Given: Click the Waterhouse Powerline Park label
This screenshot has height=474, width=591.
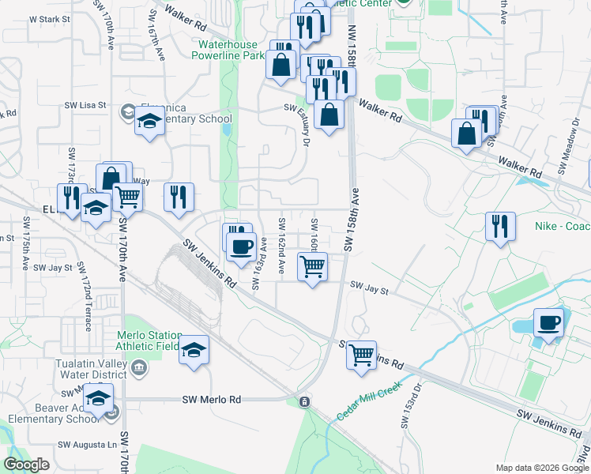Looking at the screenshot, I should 231,51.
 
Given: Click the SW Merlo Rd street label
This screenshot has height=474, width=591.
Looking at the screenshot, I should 211,401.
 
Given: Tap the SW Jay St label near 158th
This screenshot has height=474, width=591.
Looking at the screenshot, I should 370,290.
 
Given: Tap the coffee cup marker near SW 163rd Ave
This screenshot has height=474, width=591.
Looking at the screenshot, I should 240,246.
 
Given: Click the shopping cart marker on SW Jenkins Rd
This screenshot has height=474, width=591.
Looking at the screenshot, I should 362,355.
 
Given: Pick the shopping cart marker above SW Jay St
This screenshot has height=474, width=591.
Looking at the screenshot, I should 313,268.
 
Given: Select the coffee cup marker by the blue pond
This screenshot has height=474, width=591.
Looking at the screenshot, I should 548,323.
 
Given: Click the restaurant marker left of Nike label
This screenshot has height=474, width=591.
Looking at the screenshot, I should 500,226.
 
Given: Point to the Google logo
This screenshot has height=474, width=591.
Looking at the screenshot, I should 27,465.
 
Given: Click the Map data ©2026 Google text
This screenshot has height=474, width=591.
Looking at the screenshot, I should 541,468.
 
